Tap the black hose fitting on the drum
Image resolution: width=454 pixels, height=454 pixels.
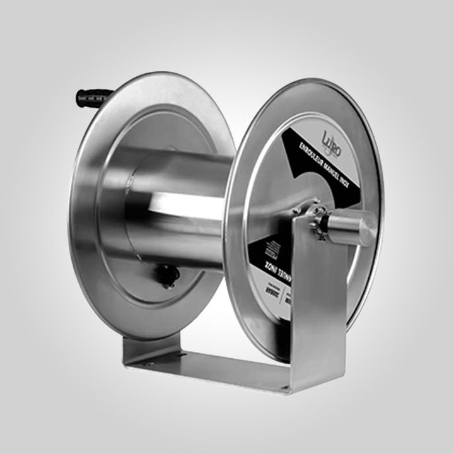168,274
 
